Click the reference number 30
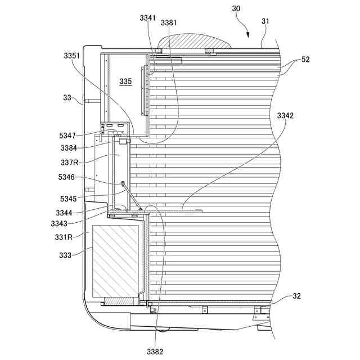[236, 8]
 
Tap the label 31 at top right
[266, 21]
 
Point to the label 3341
[148, 18]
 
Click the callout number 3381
[169, 22]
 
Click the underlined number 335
[125, 82]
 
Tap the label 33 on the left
[67, 97]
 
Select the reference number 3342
[285, 116]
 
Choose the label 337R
[70, 163]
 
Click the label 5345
[70, 198]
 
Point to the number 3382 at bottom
[155, 352]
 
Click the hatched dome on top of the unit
[195, 42]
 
